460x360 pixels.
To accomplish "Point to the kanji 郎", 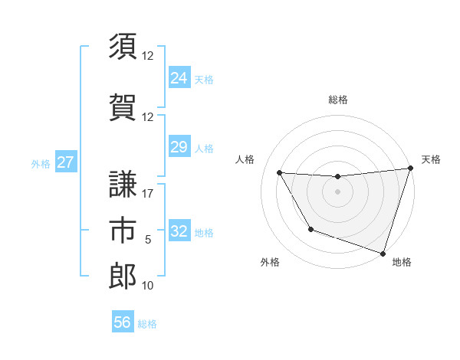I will [123, 276].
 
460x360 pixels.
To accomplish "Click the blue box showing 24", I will [179, 78].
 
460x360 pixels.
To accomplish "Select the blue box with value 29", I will [179, 147].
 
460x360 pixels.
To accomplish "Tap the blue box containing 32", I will [179, 231].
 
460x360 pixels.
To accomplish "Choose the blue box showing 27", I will [66, 162].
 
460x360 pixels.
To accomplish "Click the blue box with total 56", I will [123, 322].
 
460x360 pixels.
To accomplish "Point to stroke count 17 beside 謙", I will [148, 194].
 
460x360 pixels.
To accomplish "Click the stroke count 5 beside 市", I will [148, 240].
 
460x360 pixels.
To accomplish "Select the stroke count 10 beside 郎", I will [148, 286].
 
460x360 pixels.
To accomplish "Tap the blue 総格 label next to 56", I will [147, 324].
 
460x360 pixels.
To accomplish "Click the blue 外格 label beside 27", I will [41, 163].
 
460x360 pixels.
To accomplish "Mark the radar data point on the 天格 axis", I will [410, 169].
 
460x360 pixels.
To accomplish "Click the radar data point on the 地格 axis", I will [383, 253].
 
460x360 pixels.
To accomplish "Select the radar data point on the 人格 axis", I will [280, 173].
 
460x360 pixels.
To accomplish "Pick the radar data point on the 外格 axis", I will [310, 229].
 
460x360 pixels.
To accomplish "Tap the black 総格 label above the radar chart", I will [338, 100].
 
